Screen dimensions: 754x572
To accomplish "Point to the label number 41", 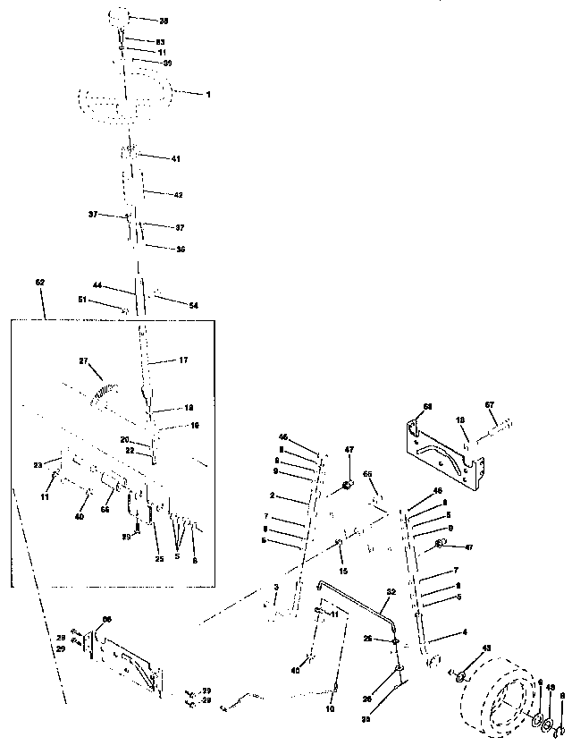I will pyautogui.click(x=175, y=157).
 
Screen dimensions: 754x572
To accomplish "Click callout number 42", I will pyautogui.click(x=177, y=194).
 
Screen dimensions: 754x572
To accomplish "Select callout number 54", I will pyautogui.click(x=193, y=306).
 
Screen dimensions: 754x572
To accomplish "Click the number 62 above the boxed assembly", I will pyautogui.click(x=39, y=282).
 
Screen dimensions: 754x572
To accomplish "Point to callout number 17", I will pyautogui.click(x=182, y=361).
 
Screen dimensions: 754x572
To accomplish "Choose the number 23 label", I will pyautogui.click(x=38, y=464).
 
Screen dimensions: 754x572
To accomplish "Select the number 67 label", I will pyautogui.click(x=489, y=405).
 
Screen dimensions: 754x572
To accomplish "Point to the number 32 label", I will pyautogui.click(x=391, y=591).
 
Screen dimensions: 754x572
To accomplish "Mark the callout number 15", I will pyautogui.click(x=341, y=571).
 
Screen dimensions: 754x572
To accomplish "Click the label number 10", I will pyautogui.click(x=330, y=707).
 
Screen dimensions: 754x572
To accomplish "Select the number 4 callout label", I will pyautogui.click(x=463, y=631).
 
